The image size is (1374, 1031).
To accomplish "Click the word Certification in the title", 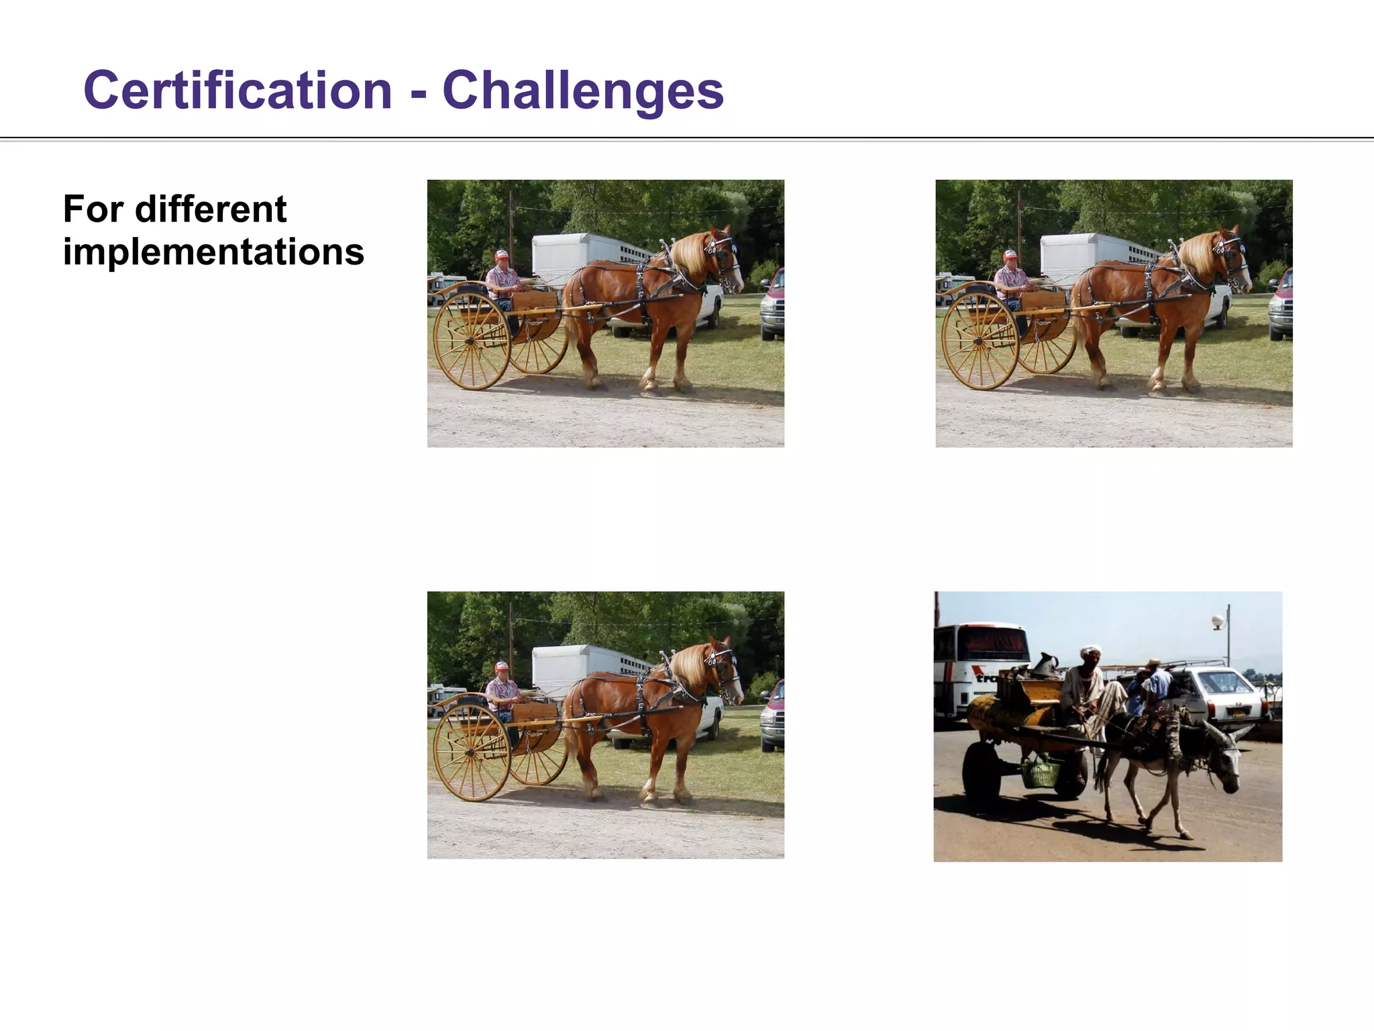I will pos(237,91).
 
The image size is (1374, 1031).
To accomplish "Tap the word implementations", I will pos(213,252).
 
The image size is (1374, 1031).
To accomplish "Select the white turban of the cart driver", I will pos(1090,651).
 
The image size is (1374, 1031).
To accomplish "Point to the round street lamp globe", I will pos(1218,622).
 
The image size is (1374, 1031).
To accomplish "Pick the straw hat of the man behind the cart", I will pos(1152,665).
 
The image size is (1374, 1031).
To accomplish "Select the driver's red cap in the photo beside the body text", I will pos(501,254).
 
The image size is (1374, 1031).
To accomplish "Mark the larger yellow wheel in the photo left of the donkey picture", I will pos(471,752).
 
